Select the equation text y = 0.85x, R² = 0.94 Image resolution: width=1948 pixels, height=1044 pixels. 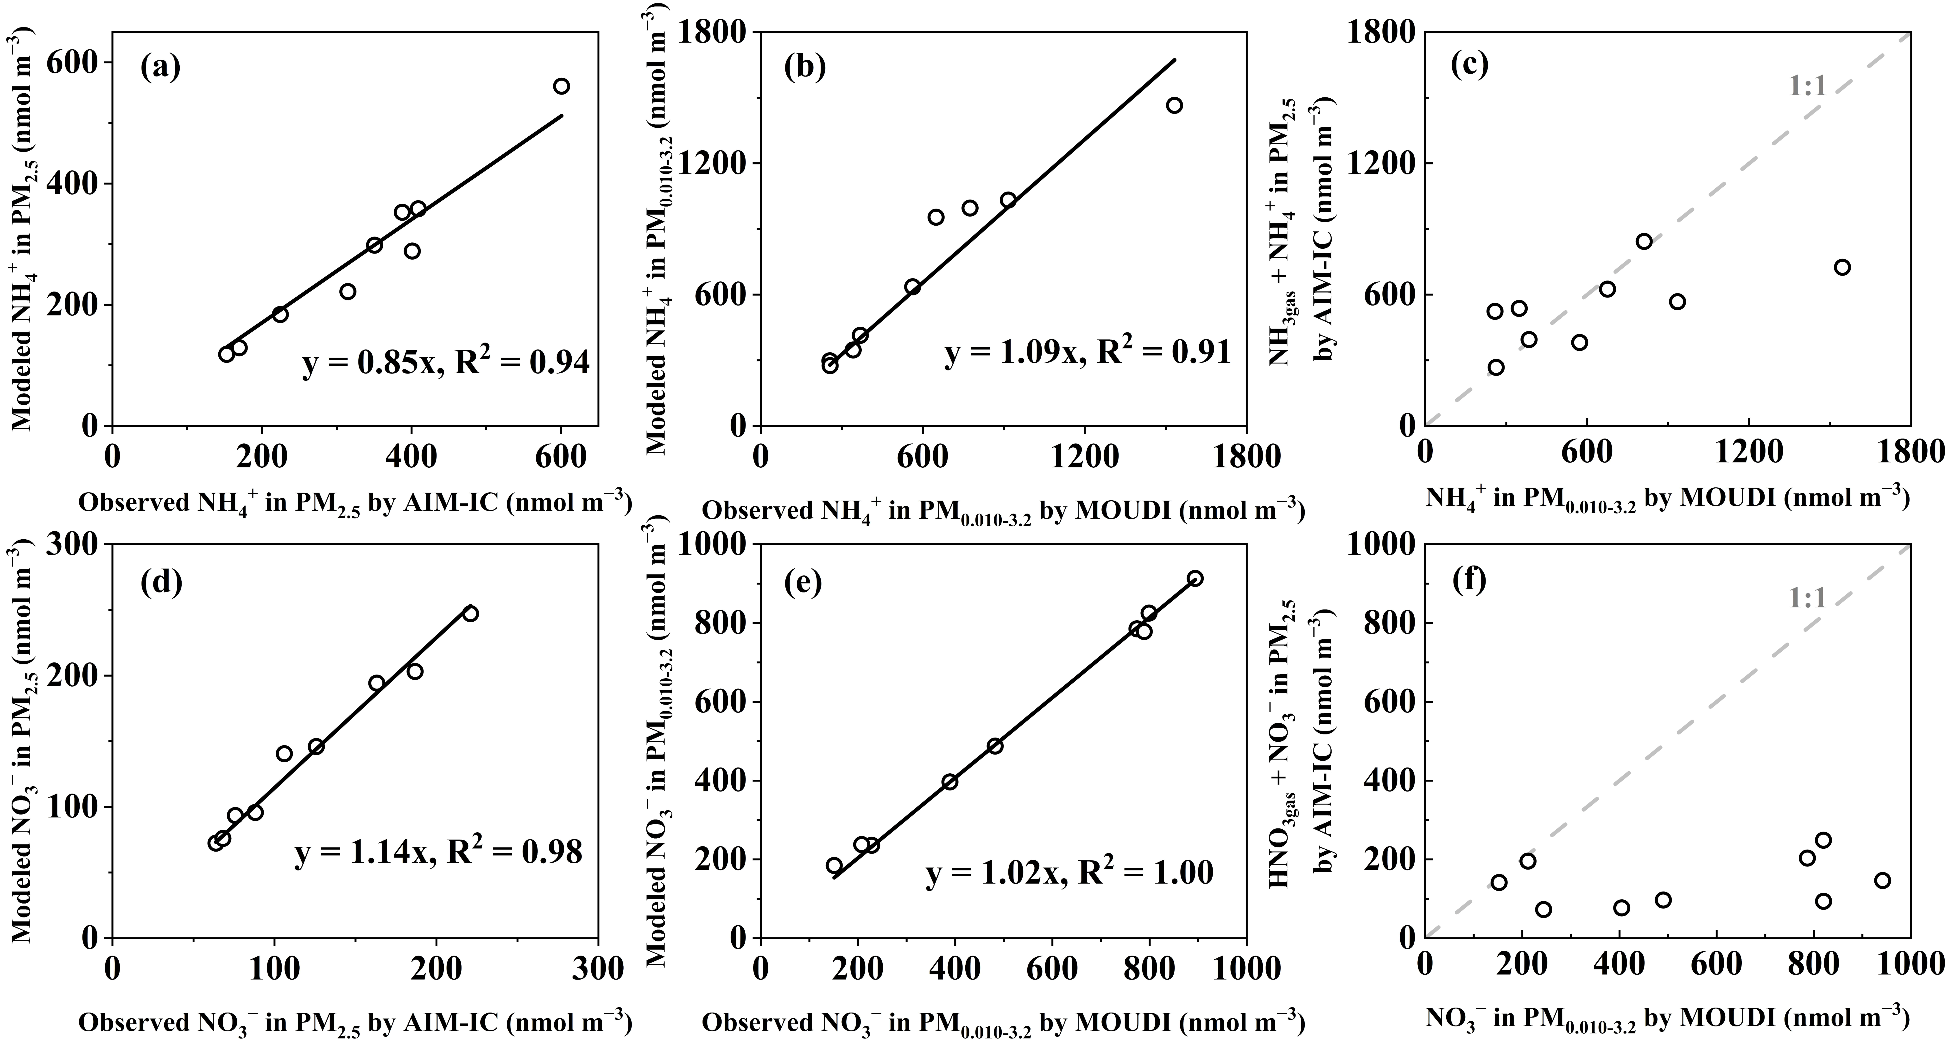445,365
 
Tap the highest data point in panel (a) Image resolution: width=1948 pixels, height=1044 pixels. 561,86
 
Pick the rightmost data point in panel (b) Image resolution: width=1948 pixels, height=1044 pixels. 1174,105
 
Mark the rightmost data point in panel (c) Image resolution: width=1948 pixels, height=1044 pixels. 1842,267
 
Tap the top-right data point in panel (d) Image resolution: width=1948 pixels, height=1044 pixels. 470,614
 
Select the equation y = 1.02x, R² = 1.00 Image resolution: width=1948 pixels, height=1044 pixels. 1069,873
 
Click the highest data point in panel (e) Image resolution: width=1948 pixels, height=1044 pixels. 1195,579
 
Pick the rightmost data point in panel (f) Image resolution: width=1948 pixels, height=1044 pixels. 1882,881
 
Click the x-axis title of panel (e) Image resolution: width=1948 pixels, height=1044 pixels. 1003,1023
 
